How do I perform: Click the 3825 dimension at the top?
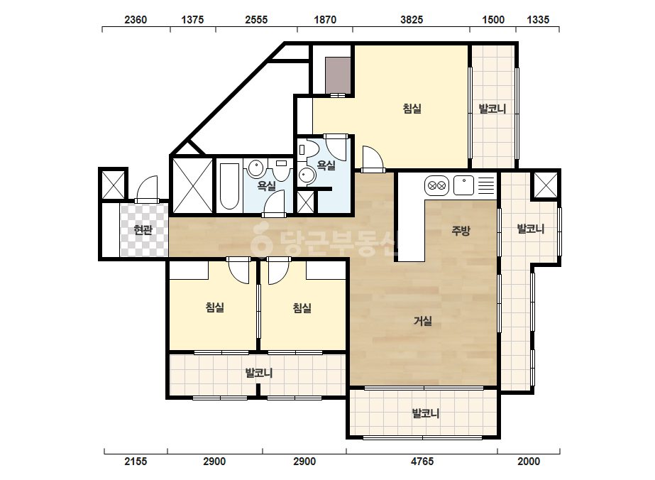click(412, 20)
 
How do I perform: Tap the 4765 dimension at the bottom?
click(422, 462)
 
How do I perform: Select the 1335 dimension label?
click(538, 20)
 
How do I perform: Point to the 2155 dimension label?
click(136, 462)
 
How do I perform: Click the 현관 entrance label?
click(143, 229)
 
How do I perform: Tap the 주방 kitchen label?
click(461, 230)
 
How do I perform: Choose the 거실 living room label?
click(423, 321)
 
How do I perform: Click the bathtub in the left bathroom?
click(229, 185)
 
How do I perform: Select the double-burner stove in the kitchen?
click(436, 185)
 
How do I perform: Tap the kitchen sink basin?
click(463, 185)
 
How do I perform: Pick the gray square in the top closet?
click(338, 76)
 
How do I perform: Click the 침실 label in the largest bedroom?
click(412, 109)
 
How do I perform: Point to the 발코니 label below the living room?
click(425, 413)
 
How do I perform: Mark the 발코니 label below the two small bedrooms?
click(258, 373)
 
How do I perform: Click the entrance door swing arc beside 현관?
click(147, 188)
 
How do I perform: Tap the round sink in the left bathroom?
click(255, 168)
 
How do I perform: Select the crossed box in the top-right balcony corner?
click(546, 185)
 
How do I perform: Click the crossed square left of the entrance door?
click(114, 185)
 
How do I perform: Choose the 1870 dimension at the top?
click(325, 20)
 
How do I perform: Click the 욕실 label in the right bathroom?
click(326, 165)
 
